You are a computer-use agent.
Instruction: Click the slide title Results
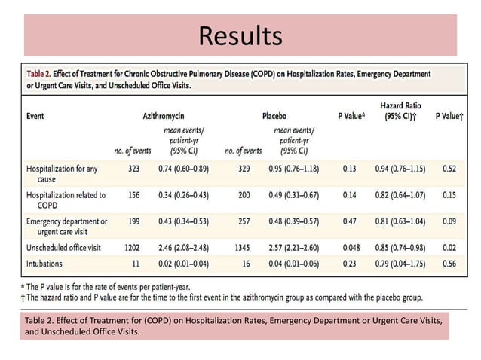pos(240,35)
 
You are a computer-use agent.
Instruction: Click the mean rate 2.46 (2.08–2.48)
pos(185,246)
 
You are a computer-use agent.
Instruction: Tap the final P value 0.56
pos(450,264)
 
